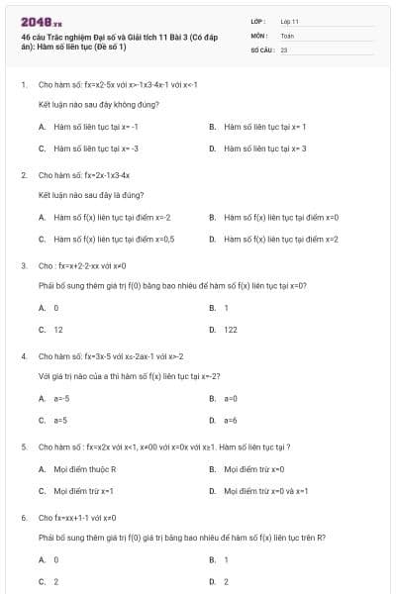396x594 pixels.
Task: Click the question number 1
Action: (x=23, y=85)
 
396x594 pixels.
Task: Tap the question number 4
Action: (x=23, y=355)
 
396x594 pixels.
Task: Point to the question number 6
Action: (x=23, y=517)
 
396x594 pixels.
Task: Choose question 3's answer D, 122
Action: (x=230, y=329)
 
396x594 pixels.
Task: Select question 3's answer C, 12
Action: (x=57, y=329)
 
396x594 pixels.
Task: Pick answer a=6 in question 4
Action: (x=231, y=419)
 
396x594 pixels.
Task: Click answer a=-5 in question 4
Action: (x=60, y=398)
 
